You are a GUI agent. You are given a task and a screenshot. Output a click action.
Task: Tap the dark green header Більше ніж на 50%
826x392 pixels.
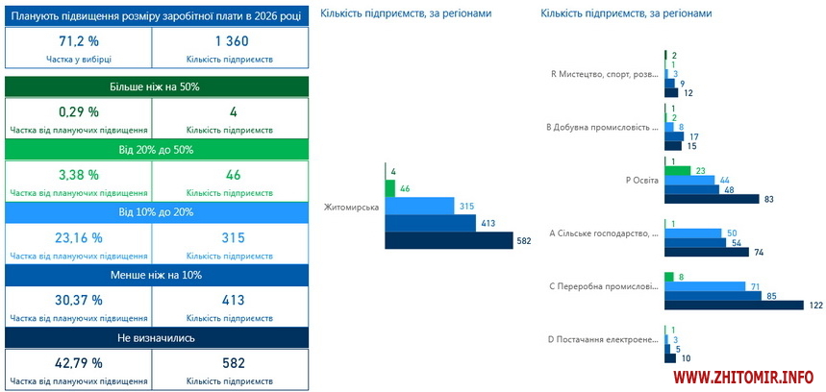(158, 86)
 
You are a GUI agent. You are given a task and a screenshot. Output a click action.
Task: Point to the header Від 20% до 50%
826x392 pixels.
(158, 150)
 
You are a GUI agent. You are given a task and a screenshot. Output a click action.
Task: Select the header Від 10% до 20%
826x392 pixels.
(158, 211)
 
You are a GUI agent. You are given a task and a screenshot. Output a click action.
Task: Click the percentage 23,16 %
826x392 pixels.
(79, 237)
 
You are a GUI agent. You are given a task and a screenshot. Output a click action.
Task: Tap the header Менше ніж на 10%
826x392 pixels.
(158, 275)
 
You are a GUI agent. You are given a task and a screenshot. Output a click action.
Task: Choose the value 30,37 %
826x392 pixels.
(79, 300)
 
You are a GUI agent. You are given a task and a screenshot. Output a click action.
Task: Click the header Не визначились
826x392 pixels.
(158, 337)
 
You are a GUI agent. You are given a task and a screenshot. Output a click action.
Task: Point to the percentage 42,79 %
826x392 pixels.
(79, 362)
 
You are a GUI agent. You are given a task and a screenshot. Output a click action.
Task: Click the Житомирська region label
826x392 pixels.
(352, 208)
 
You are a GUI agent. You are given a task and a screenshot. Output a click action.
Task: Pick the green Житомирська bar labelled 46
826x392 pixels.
(389, 188)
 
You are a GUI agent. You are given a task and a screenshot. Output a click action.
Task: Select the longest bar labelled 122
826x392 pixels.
(734, 305)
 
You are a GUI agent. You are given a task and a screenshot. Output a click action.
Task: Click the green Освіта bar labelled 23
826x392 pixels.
(678, 170)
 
